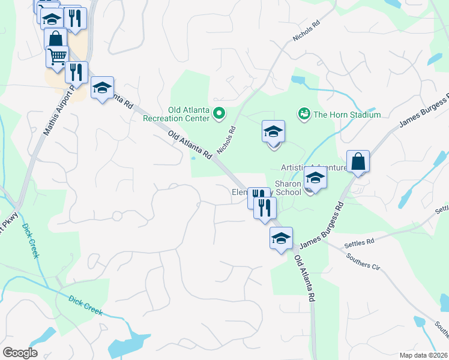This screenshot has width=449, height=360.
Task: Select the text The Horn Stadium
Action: [x=347, y=115]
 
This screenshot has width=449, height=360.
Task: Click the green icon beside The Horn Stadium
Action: [x=304, y=113]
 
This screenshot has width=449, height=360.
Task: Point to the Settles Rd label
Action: [x=359, y=244]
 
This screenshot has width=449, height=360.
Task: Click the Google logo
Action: [x=19, y=353]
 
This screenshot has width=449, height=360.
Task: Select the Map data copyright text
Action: [x=424, y=355]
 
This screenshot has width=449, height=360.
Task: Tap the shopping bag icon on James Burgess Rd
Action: [x=358, y=162]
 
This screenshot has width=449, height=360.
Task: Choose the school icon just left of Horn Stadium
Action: [x=273, y=131]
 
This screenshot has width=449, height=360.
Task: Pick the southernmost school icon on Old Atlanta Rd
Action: [x=281, y=238]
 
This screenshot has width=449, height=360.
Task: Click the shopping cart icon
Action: [x=57, y=57]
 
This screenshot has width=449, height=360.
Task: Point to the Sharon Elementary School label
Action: [x=267, y=188]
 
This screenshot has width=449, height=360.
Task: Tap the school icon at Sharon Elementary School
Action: [x=315, y=178]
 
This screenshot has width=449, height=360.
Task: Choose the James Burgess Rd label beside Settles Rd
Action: [x=321, y=227]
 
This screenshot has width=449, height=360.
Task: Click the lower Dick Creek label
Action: [x=85, y=305]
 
